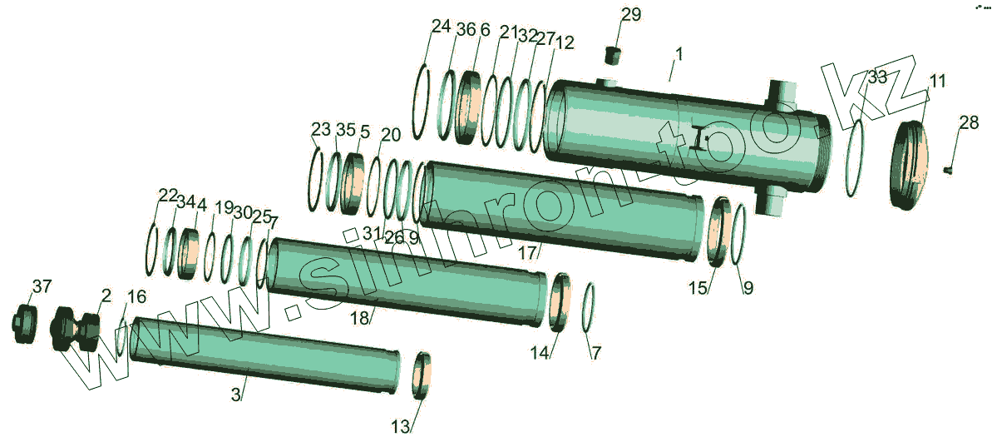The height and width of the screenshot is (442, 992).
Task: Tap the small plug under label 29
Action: [612, 55]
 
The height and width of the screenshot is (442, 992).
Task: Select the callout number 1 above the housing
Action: [679, 55]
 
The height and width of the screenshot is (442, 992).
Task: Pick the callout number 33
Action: [877, 78]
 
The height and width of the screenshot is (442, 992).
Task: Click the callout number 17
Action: [528, 253]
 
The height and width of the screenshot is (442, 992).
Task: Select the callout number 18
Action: [359, 319]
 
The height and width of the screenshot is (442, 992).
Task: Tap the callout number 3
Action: [235, 395]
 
